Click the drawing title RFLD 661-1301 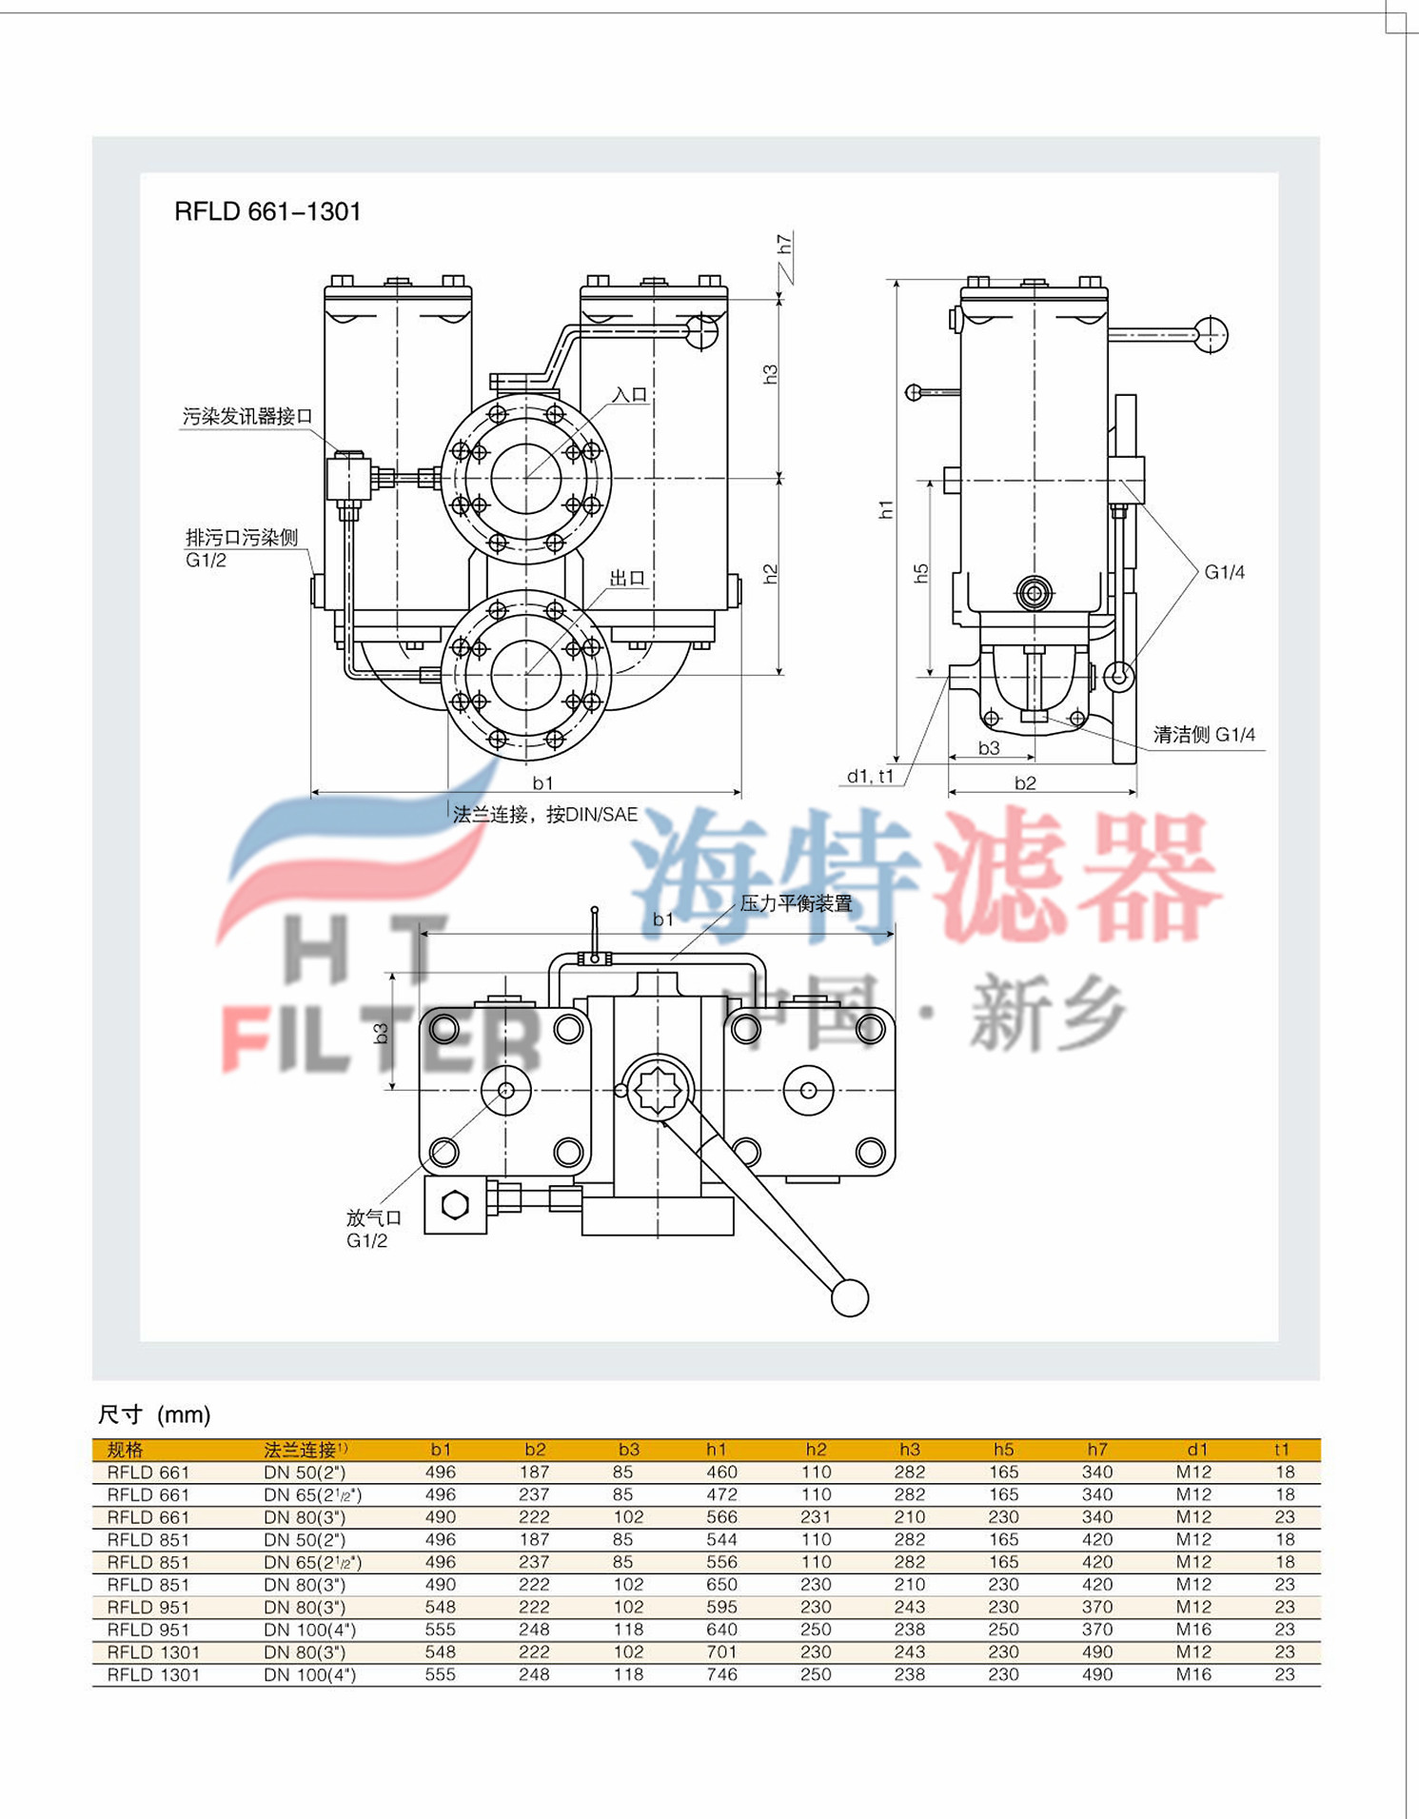(267, 211)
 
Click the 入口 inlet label (629, 394)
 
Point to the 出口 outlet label (627, 578)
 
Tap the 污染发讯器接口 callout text (247, 416)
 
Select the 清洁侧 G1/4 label (1204, 735)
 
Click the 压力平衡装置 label (796, 903)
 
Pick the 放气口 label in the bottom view (373, 1217)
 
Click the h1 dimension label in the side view (886, 509)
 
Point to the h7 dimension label (784, 245)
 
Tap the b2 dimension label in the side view (1025, 782)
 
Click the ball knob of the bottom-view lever (849, 1298)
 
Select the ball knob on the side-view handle (1211, 334)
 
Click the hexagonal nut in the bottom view (456, 1205)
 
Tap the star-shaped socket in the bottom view (659, 1089)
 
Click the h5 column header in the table (1003, 1449)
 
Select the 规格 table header (125, 1450)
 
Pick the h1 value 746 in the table (721, 1674)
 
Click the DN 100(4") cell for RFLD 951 (309, 1630)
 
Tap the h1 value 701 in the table (721, 1651)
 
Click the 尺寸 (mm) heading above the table (154, 1414)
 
